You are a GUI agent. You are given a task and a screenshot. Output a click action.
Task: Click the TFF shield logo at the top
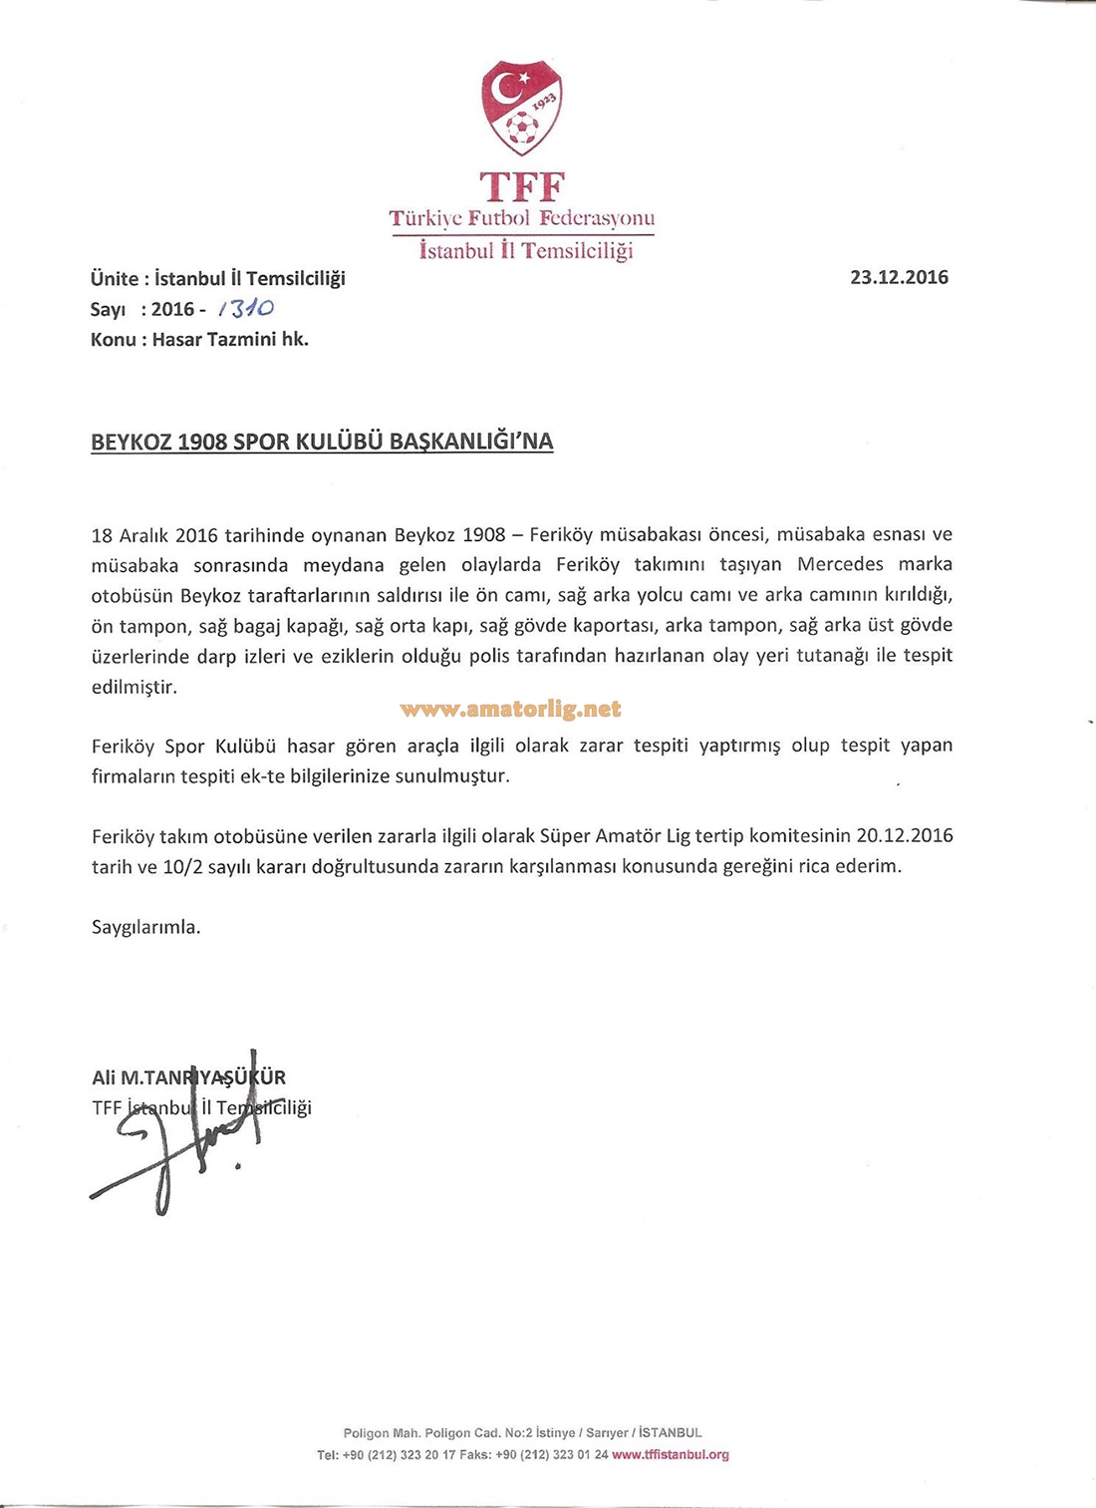click(522, 107)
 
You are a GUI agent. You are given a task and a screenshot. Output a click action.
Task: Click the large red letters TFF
click(522, 187)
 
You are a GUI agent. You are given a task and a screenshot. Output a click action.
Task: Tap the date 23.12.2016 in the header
click(899, 277)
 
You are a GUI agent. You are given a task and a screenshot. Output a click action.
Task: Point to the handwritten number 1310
click(245, 309)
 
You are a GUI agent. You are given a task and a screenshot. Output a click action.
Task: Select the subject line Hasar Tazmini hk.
click(230, 339)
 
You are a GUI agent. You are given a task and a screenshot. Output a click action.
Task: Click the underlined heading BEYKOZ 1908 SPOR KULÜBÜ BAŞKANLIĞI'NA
click(322, 442)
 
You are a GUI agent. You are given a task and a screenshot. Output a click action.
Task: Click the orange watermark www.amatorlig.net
click(510, 710)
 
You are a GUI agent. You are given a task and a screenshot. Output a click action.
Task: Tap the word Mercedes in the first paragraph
click(840, 564)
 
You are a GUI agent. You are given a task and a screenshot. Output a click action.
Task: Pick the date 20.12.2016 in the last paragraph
click(904, 835)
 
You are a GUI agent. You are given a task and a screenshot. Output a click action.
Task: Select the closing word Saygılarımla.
click(146, 927)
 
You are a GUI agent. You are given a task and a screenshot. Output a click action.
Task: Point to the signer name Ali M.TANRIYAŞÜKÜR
click(188, 1077)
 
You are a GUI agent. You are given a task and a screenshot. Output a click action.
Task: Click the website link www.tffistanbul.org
click(671, 1455)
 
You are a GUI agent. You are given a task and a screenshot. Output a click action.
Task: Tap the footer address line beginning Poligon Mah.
click(522, 1433)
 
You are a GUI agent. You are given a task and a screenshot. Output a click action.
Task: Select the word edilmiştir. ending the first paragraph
click(135, 687)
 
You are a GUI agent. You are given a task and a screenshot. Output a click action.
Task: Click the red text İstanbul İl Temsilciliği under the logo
click(526, 250)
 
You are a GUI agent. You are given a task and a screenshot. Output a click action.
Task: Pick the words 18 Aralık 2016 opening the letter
click(154, 534)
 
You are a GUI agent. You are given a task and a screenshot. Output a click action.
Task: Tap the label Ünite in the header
click(114, 278)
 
